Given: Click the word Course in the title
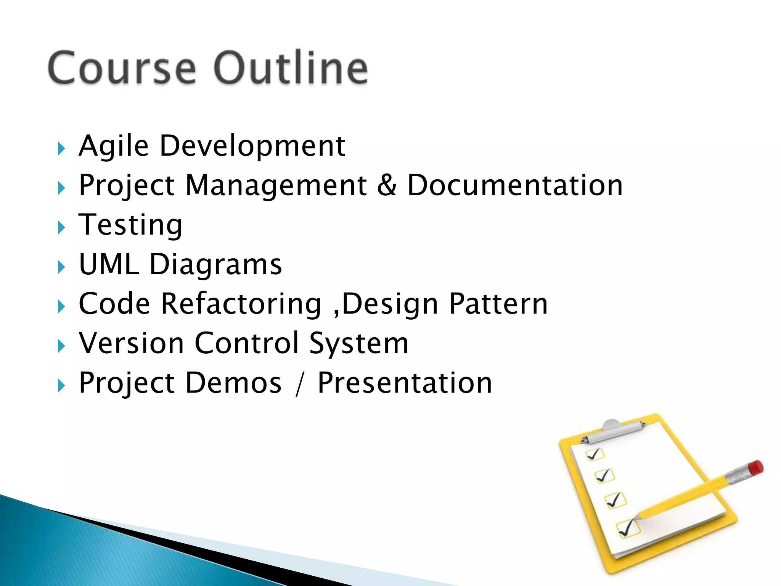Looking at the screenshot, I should point(122,68).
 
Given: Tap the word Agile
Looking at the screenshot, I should point(113,146).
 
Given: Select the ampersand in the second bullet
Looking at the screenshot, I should point(387,186).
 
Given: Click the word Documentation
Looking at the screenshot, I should point(515,186).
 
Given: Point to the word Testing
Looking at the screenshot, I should point(130,225).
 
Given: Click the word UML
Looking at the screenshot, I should point(109,264).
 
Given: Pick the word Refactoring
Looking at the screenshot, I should point(241,304).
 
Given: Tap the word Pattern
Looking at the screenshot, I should point(498,304).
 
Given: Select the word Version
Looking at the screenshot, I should point(132,343).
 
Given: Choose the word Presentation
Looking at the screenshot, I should point(405,383).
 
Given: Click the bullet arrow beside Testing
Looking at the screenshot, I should point(61,228).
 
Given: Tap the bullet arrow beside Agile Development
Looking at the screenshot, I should point(61,149).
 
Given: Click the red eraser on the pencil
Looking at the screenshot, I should point(755,468).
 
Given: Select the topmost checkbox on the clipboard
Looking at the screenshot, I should point(595,454).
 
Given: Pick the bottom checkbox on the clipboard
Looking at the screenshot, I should point(627,528).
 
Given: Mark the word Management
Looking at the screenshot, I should point(276,186).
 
